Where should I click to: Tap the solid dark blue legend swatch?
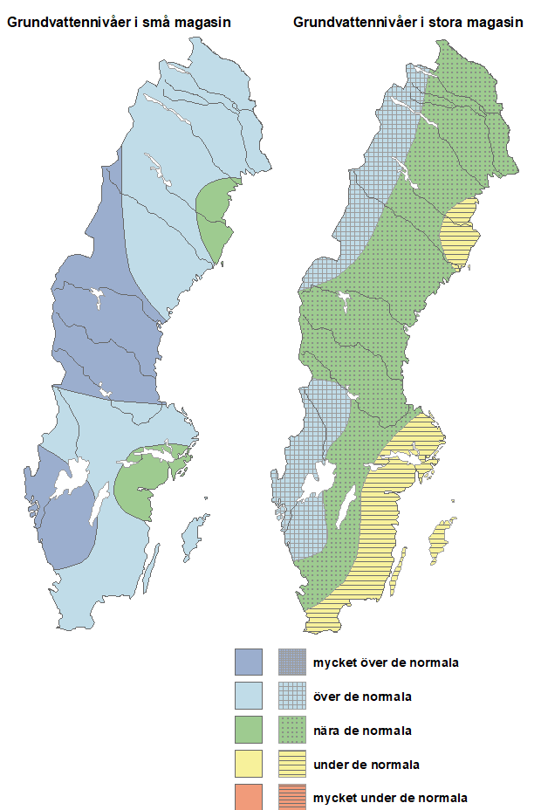pyautogui.click(x=249, y=662)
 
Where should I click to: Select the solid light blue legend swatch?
pyautogui.click(x=249, y=697)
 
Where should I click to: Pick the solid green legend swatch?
pyautogui.click(x=249, y=731)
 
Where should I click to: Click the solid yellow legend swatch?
pyautogui.click(x=249, y=765)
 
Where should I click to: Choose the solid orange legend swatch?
pyautogui.click(x=249, y=798)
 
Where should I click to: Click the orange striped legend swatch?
pyautogui.click(x=291, y=798)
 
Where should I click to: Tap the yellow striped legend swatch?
pyautogui.click(x=291, y=765)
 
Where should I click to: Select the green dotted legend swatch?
pyautogui.click(x=291, y=731)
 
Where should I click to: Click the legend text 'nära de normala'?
pyautogui.click(x=363, y=731)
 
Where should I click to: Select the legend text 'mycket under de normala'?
pyautogui.click(x=390, y=798)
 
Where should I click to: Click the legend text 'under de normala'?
pyautogui.click(x=366, y=765)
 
